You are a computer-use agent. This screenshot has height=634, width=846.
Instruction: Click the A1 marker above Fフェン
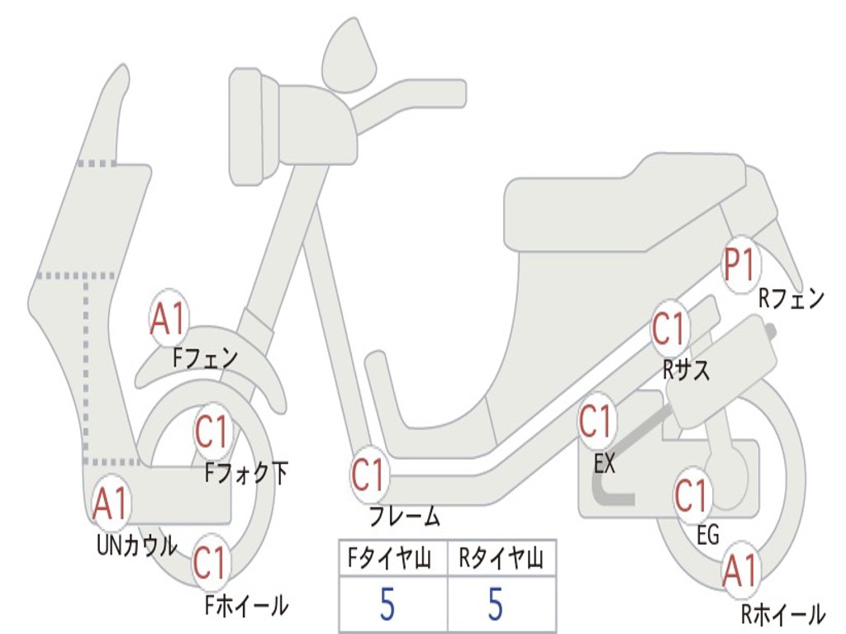pyautogui.click(x=169, y=318)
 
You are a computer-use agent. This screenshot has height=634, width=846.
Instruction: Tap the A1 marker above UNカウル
pyautogui.click(x=111, y=504)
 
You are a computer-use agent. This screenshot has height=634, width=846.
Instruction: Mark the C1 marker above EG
pyautogui.click(x=693, y=495)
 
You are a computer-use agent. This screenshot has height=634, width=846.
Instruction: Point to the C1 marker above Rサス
pyautogui.click(x=670, y=329)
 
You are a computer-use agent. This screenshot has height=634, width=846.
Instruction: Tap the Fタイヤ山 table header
pyautogui.click(x=392, y=560)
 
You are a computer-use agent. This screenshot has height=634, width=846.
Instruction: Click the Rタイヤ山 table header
pyautogui.click(x=501, y=560)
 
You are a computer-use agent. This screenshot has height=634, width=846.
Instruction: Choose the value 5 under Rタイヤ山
pyautogui.click(x=496, y=605)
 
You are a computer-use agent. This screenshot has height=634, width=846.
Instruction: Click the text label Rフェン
pyautogui.click(x=791, y=298)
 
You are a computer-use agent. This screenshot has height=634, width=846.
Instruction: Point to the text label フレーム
pyautogui.click(x=404, y=518)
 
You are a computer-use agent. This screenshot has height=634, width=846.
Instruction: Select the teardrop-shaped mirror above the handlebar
pyautogui.click(x=349, y=55)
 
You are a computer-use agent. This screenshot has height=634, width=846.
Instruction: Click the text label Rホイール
pyautogui.click(x=782, y=613)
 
